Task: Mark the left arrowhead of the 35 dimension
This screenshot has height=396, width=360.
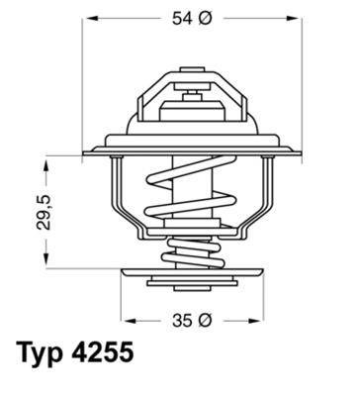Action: click(x=126, y=321)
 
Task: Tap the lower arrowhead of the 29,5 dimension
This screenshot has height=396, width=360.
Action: click(x=45, y=264)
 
